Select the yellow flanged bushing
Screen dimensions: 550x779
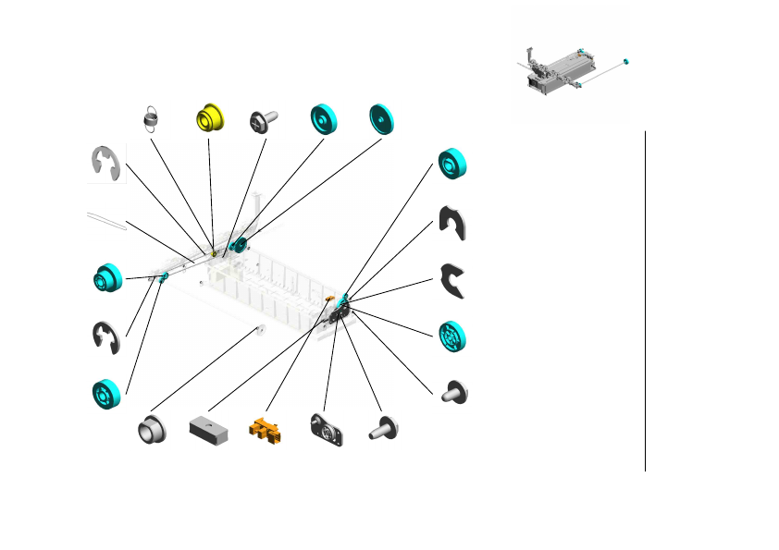coord(211,118)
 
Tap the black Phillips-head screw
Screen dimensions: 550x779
coord(263,121)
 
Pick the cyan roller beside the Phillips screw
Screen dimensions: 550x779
coord(323,118)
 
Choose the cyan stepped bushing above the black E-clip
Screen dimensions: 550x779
coord(107,276)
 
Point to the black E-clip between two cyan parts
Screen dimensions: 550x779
coord(105,336)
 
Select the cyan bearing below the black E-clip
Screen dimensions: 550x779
coord(107,393)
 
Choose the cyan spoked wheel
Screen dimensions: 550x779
coord(452,336)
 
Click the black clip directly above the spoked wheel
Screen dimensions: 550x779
coord(452,280)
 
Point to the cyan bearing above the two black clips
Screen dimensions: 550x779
coord(452,165)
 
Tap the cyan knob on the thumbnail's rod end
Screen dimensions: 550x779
coord(626,61)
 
